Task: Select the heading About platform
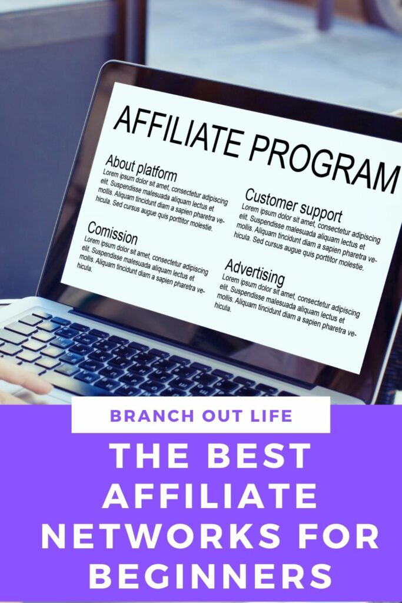click(141, 168)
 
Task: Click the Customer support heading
click(293, 205)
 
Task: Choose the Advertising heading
click(255, 272)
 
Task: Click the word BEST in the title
click(261, 456)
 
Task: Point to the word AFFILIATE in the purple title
click(210, 496)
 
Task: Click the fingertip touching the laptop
click(43, 385)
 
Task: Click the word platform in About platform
click(157, 172)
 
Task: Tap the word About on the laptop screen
click(119, 163)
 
